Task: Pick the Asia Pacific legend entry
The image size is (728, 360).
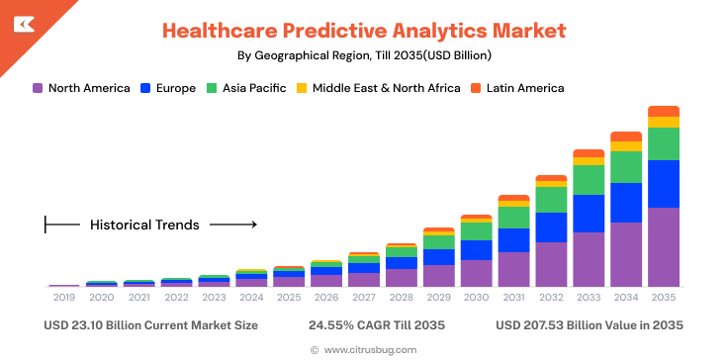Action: (253, 88)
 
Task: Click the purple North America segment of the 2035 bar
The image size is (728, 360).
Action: (663, 246)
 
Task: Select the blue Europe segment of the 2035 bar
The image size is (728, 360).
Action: (663, 183)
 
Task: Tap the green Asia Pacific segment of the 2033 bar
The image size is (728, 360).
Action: (589, 179)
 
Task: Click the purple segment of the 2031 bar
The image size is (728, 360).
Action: (513, 269)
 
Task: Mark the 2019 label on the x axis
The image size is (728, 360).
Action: (63, 298)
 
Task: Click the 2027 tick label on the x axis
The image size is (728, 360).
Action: (363, 298)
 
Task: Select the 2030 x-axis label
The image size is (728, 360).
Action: (476, 298)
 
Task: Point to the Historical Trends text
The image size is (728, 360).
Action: (144, 225)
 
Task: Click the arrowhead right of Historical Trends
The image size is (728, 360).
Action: (253, 225)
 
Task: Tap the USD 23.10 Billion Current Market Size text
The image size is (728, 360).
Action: (150, 324)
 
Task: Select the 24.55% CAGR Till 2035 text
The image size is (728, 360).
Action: (377, 324)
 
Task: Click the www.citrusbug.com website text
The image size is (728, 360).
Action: (370, 349)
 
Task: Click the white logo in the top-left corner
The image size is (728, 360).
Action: (20, 20)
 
